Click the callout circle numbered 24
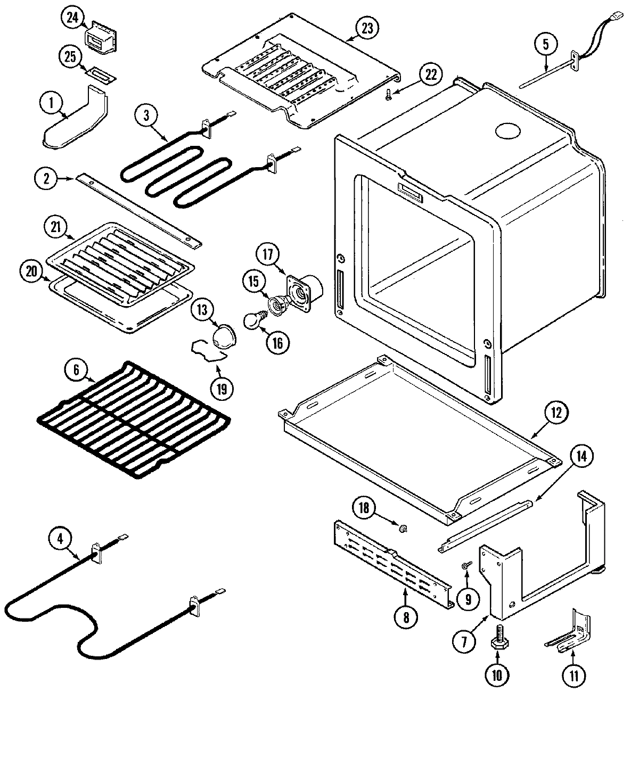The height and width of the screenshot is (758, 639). point(72,18)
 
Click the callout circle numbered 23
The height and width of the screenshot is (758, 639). point(367,29)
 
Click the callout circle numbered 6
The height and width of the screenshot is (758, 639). point(77,370)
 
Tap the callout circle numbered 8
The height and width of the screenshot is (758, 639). point(406,617)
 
